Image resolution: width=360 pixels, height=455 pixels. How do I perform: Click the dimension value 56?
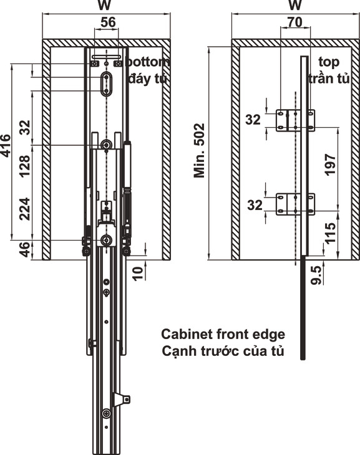point(108,22)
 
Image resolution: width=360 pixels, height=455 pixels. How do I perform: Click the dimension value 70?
point(295,22)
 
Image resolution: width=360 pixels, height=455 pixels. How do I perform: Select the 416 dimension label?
point(6,146)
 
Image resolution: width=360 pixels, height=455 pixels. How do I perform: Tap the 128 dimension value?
point(25,166)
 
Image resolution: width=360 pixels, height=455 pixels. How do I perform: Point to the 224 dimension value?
point(25,209)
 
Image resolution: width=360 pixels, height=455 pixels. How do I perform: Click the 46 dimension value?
point(25,249)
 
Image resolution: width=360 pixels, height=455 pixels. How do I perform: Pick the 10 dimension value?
point(139,273)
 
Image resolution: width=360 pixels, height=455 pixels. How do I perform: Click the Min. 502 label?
point(200,151)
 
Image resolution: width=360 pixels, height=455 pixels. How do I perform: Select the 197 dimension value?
point(331,165)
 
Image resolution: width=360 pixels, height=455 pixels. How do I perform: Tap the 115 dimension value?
point(331,233)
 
